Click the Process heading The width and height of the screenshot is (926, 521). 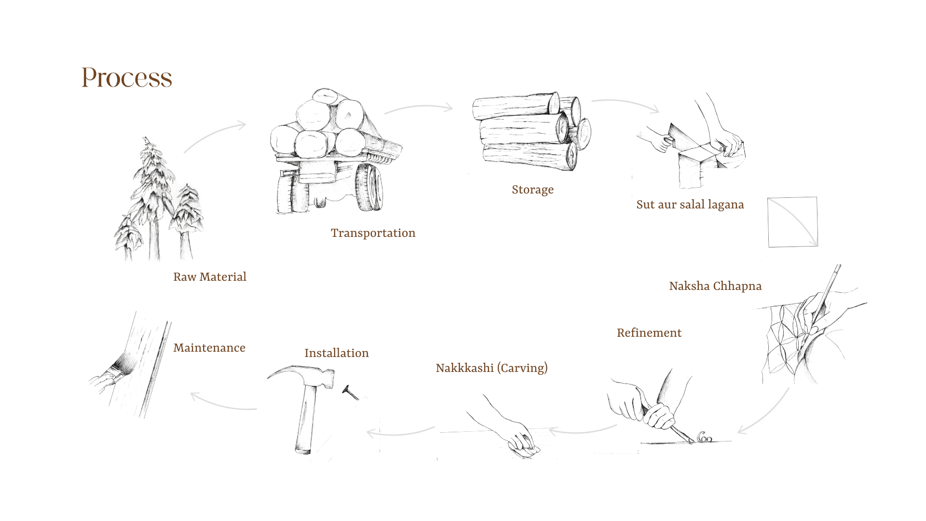pyautogui.click(x=126, y=78)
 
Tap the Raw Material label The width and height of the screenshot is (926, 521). pyautogui.click(x=209, y=277)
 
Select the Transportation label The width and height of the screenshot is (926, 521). pyautogui.click(x=373, y=233)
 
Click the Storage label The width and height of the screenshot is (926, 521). pyautogui.click(x=532, y=190)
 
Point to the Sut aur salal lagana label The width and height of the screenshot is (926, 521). pyautogui.click(x=690, y=205)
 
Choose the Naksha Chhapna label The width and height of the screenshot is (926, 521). pyautogui.click(x=715, y=286)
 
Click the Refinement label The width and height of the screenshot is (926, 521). pyautogui.click(x=649, y=333)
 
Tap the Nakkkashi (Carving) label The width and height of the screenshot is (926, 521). pyautogui.click(x=491, y=368)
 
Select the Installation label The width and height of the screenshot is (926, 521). pyautogui.click(x=336, y=353)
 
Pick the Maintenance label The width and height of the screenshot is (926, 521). pyautogui.click(x=209, y=348)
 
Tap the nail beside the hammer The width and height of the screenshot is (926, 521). pyautogui.click(x=351, y=393)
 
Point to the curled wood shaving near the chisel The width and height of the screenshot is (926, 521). pyautogui.click(x=704, y=437)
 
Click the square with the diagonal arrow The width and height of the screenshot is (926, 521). pyautogui.click(x=792, y=222)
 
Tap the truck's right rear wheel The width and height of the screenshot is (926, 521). pyautogui.click(x=369, y=187)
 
